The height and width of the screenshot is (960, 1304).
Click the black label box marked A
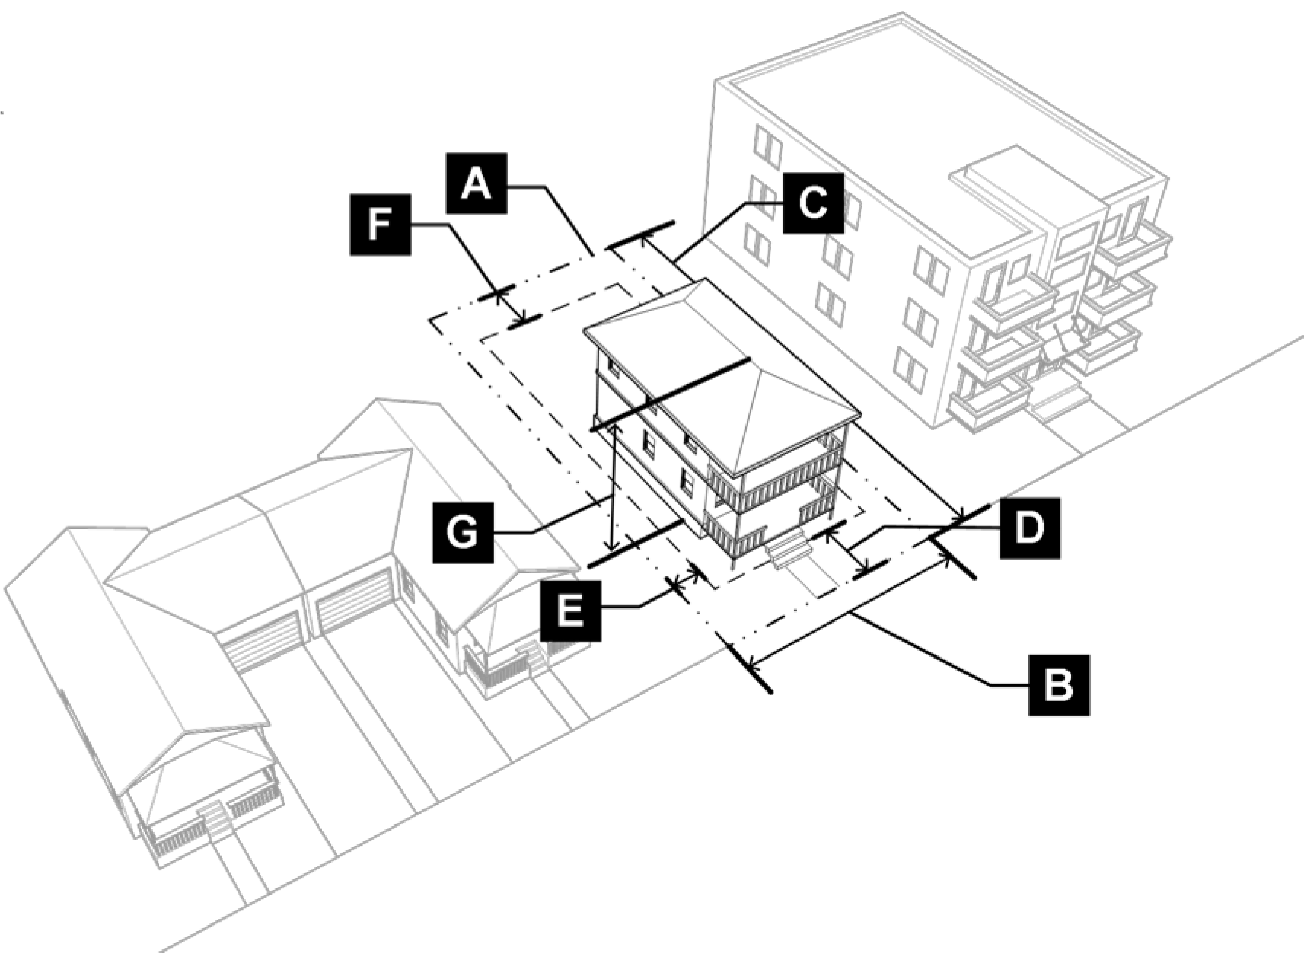(477, 183)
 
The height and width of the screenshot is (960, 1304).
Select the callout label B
(1059, 685)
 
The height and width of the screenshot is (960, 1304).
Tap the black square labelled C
(813, 203)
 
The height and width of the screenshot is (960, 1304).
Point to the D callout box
(1030, 528)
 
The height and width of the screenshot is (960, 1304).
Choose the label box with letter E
(570, 611)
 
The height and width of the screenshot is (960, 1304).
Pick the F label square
(380, 225)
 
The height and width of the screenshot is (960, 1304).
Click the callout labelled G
(463, 532)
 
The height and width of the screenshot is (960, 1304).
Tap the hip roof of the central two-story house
(722, 372)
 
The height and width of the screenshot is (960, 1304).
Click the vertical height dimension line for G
(612, 486)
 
